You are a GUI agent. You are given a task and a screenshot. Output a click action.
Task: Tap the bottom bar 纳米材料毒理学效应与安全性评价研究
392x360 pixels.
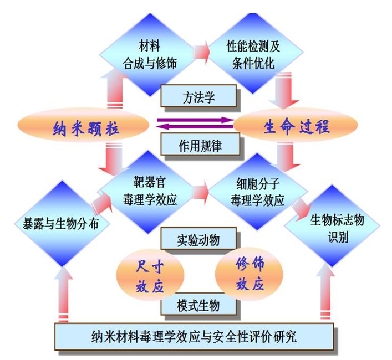click(x=195, y=336)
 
